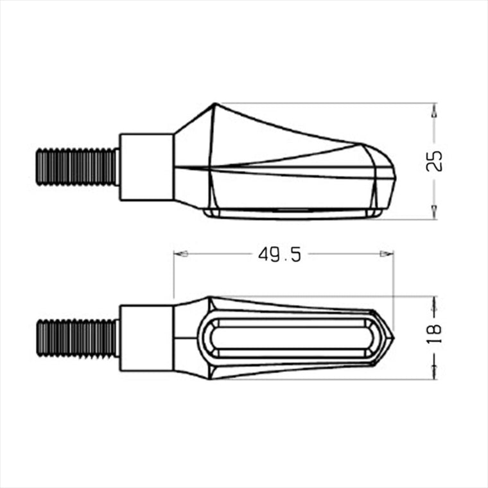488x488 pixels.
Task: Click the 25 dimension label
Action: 434,161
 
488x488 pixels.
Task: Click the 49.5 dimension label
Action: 279,255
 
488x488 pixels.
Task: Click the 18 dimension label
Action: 434,334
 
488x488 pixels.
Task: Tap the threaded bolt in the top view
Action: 77,167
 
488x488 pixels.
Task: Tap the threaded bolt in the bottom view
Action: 77,338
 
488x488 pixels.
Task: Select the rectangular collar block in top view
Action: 146,167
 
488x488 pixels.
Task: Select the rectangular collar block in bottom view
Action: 146,338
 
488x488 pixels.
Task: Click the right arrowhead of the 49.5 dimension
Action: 387,254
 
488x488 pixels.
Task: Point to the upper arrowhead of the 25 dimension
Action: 435,110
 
